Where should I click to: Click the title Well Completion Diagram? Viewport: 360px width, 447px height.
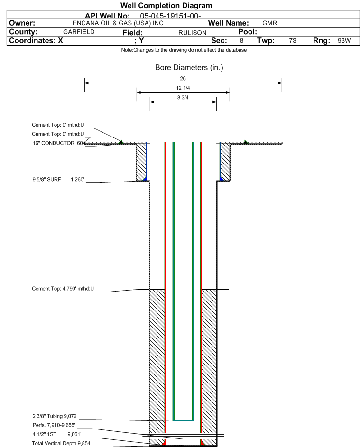[166, 5]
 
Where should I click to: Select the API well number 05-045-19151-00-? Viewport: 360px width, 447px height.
[170, 16]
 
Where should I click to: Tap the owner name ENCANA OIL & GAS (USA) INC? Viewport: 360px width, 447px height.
[118, 23]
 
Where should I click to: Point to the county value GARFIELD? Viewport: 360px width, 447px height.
[79, 32]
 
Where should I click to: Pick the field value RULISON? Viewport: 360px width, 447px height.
[192, 33]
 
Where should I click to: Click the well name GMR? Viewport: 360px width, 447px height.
[269, 23]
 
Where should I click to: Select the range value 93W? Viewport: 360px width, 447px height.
[344, 40]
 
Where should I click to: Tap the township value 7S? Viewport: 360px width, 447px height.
[293, 40]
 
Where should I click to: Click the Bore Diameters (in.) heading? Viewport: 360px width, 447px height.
[189, 68]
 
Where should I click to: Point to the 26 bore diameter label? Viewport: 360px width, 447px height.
[183, 78]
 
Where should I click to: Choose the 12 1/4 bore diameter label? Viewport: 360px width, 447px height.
[183, 88]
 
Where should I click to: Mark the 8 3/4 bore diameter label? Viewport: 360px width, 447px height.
[183, 98]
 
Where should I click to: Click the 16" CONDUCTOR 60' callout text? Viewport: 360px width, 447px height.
[58, 143]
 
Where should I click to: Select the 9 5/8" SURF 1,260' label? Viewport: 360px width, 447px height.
[58, 180]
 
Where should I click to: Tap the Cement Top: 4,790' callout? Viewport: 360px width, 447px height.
[63, 289]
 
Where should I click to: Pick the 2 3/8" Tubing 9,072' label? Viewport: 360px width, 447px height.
[55, 416]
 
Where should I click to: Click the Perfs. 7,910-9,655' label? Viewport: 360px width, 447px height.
[54, 425]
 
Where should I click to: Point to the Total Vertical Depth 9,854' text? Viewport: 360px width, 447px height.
[62, 443]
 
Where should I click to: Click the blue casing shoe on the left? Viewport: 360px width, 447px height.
[145, 179]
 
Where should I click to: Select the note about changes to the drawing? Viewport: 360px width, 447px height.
[184, 50]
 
